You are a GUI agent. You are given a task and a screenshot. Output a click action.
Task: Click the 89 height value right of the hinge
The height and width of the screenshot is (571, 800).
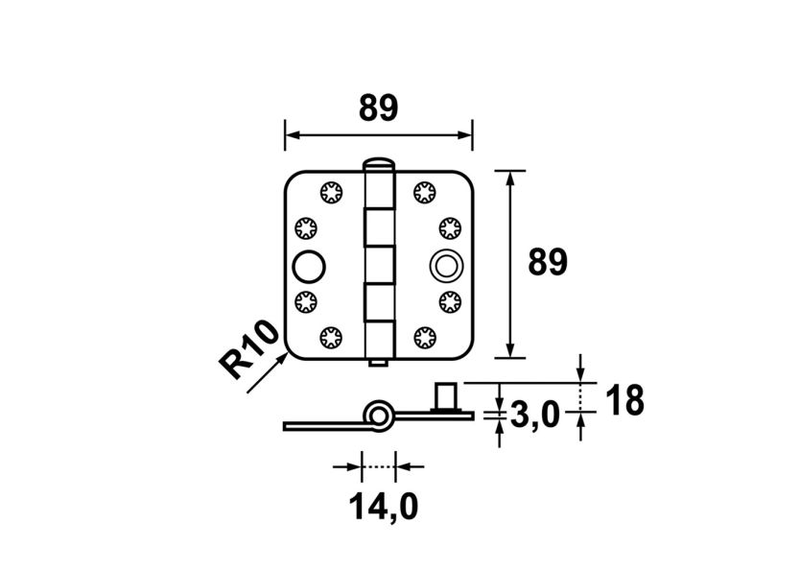(549, 262)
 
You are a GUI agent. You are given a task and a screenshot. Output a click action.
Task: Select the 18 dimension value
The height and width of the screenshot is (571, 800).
(624, 401)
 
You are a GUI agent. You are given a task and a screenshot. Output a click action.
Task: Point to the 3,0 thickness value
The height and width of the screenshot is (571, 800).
(535, 416)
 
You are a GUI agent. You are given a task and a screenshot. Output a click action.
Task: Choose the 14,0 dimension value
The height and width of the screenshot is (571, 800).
(381, 505)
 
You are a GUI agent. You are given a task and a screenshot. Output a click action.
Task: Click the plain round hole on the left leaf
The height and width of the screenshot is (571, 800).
(310, 265)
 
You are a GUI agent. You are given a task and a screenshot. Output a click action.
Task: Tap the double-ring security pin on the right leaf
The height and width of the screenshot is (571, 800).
(444, 265)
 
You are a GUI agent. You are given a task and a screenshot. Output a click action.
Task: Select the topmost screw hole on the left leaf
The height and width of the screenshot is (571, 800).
(333, 191)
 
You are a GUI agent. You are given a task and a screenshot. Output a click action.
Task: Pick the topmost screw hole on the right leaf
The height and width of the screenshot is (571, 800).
(424, 192)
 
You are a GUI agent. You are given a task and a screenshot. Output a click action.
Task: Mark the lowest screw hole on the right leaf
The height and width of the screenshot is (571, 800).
(424, 337)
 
